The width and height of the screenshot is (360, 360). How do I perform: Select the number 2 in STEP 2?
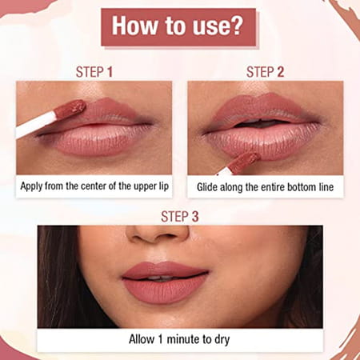point(282,72)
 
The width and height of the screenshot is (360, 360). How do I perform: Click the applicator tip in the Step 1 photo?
point(73,107)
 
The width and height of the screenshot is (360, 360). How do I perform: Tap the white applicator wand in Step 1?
point(36,124)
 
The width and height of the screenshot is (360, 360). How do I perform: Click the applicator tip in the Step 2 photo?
point(243,160)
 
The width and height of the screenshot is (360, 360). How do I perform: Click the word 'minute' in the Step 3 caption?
point(185,338)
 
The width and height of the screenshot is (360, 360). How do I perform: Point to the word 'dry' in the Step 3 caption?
point(221,338)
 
